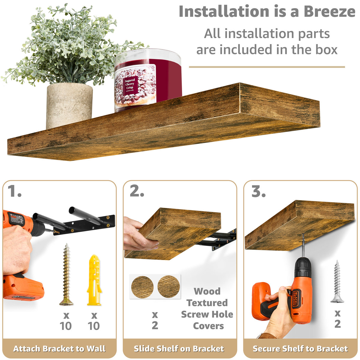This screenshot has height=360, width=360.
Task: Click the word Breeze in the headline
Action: [x=329, y=11]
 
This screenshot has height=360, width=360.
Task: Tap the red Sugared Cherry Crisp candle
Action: [x=148, y=80]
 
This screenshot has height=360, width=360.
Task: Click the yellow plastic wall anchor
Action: [x=94, y=280]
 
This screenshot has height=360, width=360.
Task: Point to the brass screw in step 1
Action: [x=66, y=274]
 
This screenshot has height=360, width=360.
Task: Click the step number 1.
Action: [x=14, y=191]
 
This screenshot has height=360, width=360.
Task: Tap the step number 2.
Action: [x=136, y=191]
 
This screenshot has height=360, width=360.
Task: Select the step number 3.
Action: [x=258, y=191]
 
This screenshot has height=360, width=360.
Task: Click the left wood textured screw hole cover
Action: [x=142, y=287]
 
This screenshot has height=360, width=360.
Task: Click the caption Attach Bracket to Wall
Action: [x=59, y=349]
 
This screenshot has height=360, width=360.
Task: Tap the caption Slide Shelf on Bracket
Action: [x=179, y=349]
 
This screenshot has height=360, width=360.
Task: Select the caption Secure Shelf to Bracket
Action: [x=300, y=349]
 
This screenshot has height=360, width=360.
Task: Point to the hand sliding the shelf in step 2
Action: [x=138, y=234]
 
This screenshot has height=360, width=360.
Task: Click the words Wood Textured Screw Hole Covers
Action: [x=207, y=308]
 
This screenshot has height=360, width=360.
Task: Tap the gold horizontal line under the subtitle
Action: [x=267, y=67]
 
